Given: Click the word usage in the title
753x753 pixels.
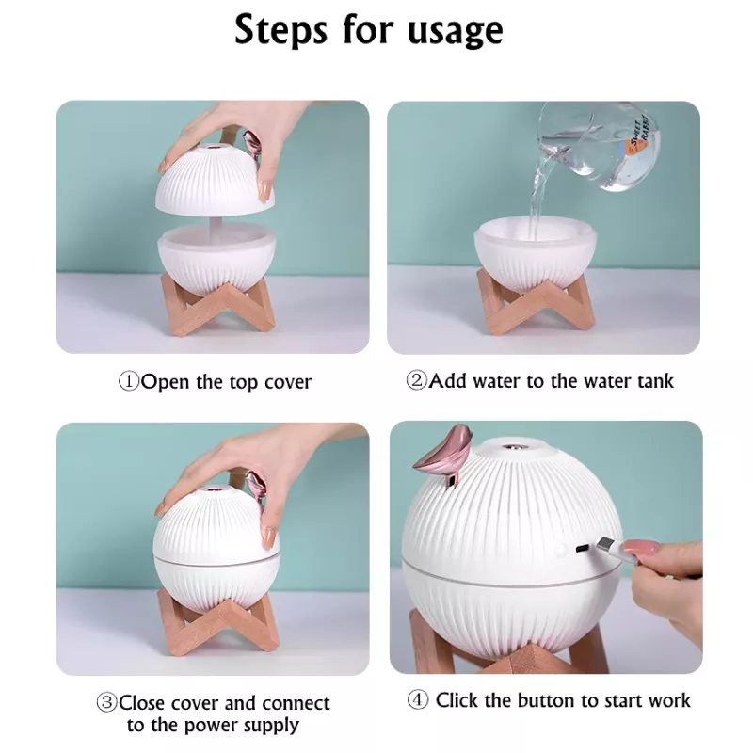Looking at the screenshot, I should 450,31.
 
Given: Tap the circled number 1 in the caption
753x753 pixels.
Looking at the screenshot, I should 128,382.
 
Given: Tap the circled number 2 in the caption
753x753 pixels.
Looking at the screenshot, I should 417,381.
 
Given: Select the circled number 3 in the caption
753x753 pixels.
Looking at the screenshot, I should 106,703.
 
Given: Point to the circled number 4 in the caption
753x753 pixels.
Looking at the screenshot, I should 418,700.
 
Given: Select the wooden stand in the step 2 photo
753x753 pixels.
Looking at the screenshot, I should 535,300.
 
